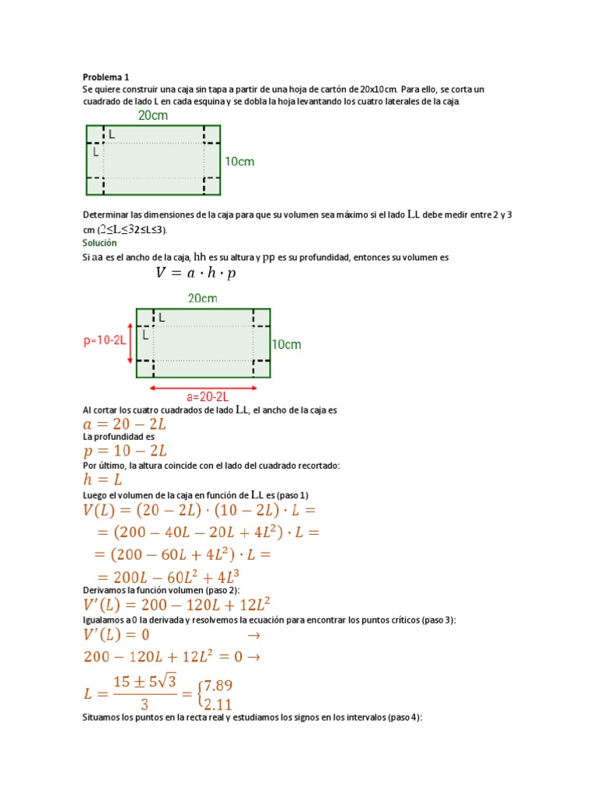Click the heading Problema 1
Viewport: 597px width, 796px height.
coord(106,77)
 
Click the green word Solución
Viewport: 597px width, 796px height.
coord(99,243)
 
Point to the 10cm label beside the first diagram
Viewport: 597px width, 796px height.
coord(239,162)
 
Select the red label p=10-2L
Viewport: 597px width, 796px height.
coord(105,340)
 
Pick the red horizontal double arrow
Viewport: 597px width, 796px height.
coord(204,386)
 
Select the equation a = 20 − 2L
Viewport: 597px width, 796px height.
coord(125,424)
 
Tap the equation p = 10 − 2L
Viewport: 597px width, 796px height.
coord(125,451)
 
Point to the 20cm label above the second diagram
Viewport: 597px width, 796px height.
coord(203,298)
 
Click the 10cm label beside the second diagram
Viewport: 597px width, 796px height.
coord(286,344)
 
